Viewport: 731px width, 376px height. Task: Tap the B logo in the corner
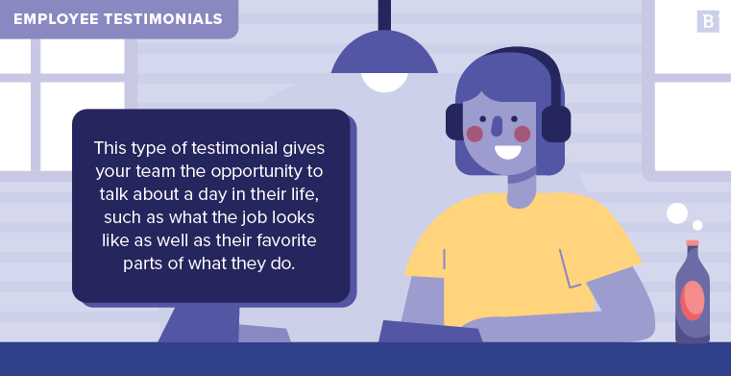[x=708, y=21]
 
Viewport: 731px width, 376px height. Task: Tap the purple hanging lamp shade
[x=384, y=56]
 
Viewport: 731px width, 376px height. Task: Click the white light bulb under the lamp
[x=384, y=82]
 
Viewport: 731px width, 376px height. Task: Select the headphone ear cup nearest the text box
[x=454, y=123]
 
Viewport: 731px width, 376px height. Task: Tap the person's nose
[x=497, y=126]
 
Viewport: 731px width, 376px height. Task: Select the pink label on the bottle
[x=692, y=299]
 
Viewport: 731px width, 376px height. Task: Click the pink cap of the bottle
[x=692, y=243]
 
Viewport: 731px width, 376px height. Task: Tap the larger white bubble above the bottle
[x=677, y=213]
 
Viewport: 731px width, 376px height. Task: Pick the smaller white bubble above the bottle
[x=697, y=226]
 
